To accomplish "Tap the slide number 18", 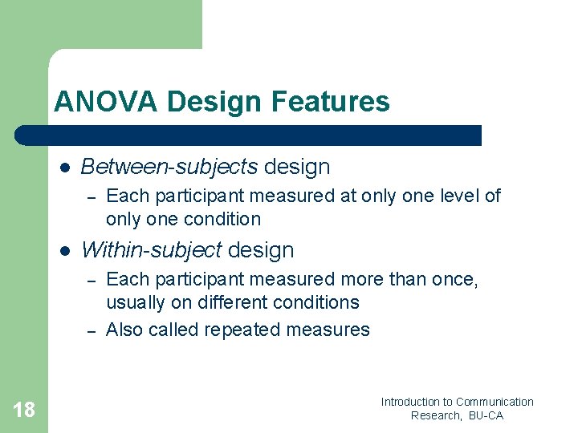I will [x=24, y=411].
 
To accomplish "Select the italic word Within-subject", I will [x=152, y=250].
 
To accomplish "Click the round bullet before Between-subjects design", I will [x=65, y=168].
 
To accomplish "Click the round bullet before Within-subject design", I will [x=65, y=251].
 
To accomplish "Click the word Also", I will [x=124, y=330].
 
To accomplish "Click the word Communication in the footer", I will [x=495, y=402].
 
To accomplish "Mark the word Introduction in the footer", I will [x=411, y=402].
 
